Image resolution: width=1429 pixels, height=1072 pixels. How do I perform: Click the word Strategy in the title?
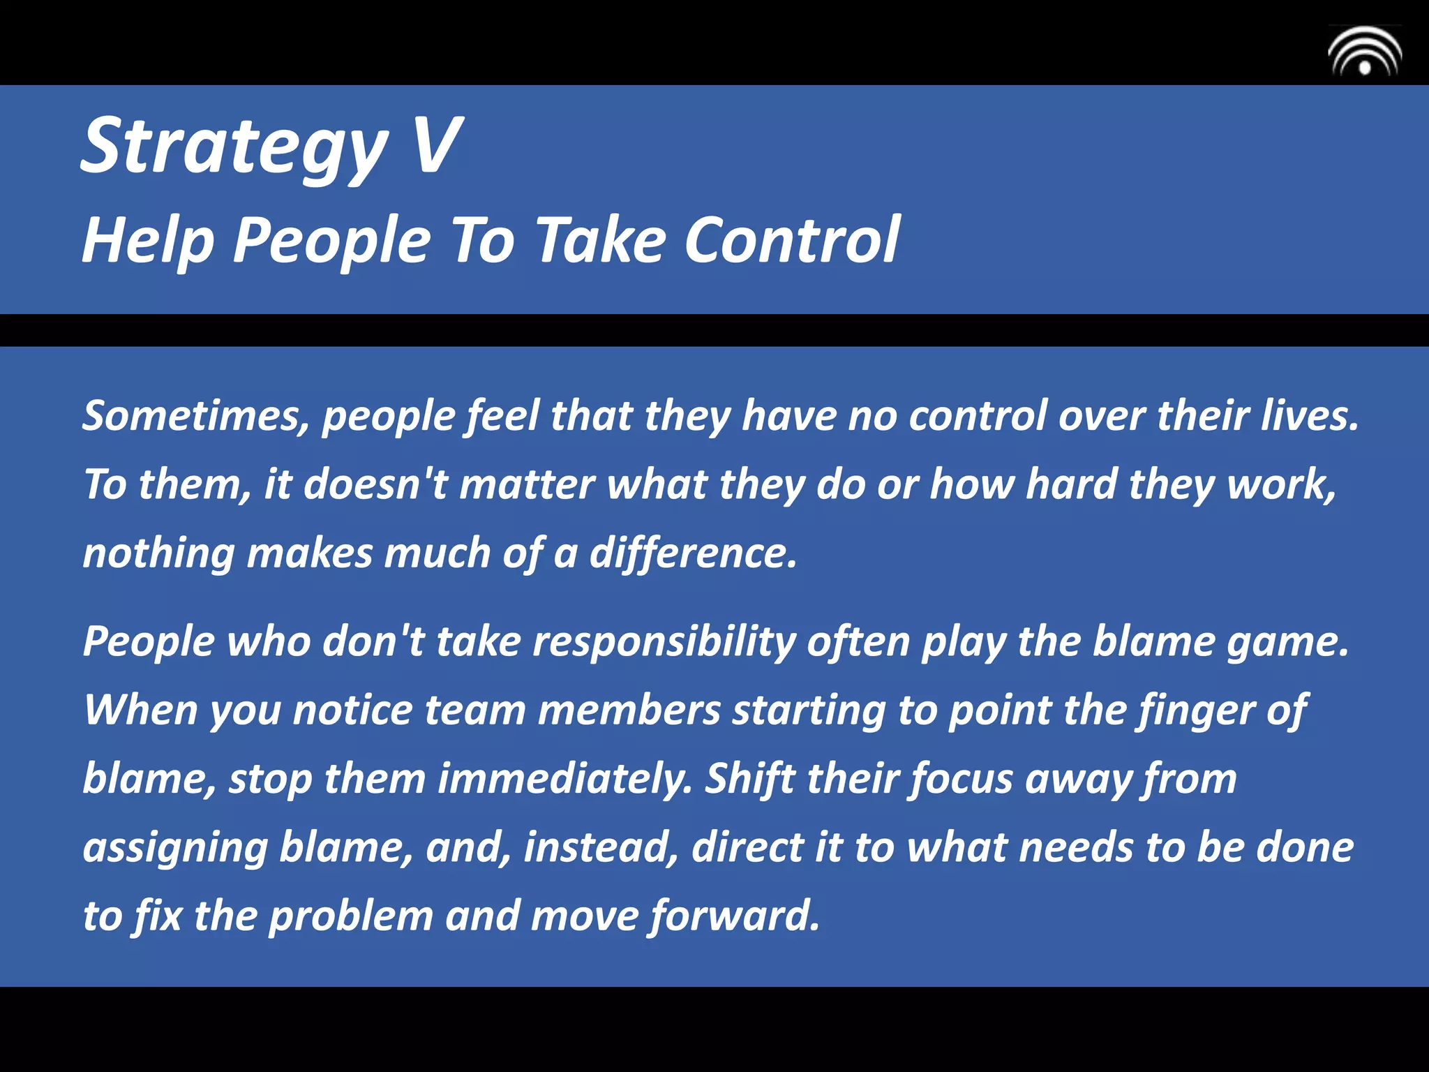click(234, 147)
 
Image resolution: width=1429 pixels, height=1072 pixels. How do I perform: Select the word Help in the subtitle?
click(148, 241)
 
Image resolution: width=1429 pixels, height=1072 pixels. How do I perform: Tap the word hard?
click(1071, 484)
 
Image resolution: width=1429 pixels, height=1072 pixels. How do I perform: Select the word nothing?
click(158, 554)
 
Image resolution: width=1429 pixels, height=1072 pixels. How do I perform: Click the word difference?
click(693, 554)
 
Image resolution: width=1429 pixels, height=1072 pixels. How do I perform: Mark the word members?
click(629, 710)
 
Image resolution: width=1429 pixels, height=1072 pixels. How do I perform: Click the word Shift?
click(750, 780)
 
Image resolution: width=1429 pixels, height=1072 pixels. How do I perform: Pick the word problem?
click(351, 916)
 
